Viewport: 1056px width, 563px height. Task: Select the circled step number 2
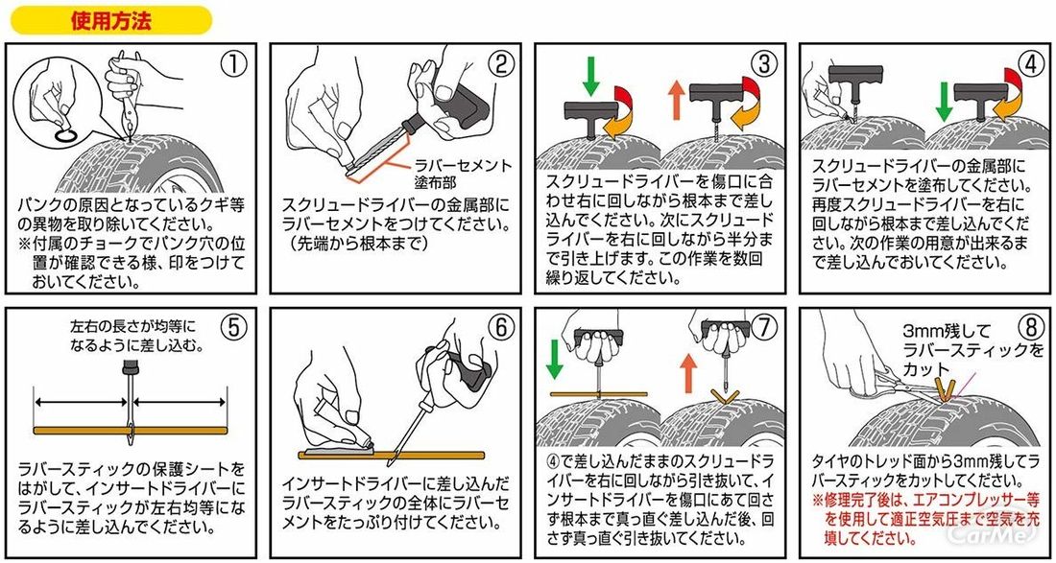click(x=500, y=64)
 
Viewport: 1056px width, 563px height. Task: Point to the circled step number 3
click(x=764, y=64)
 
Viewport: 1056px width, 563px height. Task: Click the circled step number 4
click(x=1029, y=64)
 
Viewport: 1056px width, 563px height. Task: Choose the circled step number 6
click(x=500, y=328)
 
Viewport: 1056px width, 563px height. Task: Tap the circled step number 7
click(x=764, y=328)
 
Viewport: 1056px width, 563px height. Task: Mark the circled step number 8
click(x=1029, y=328)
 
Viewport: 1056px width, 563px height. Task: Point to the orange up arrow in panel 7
click(x=687, y=373)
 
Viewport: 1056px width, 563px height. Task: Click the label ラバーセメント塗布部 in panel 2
click(x=462, y=174)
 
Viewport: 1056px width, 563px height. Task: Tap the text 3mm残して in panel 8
click(x=940, y=331)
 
